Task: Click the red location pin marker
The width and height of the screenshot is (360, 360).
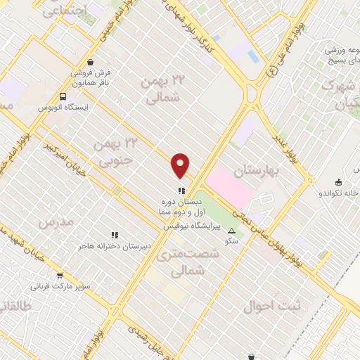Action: (x=181, y=165)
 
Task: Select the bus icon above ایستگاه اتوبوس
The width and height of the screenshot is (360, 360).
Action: (x=65, y=96)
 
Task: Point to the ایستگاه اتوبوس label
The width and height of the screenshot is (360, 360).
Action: (x=65, y=108)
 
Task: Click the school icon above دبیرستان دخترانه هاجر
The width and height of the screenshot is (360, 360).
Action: (x=115, y=235)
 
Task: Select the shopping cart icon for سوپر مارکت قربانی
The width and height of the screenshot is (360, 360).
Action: (x=60, y=276)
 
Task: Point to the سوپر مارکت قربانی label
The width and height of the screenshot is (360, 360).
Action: (x=60, y=287)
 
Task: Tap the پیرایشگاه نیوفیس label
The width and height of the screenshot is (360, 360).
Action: (x=192, y=227)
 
